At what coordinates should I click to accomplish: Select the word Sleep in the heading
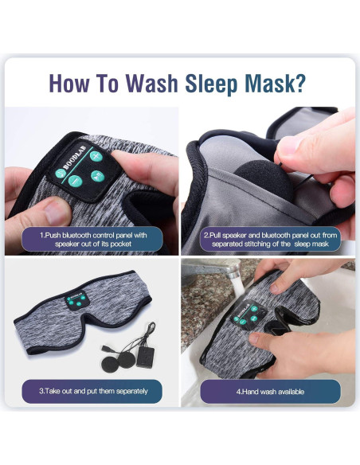[217, 84]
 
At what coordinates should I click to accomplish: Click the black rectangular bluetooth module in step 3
[147, 355]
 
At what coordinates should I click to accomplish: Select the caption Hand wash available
[270, 391]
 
